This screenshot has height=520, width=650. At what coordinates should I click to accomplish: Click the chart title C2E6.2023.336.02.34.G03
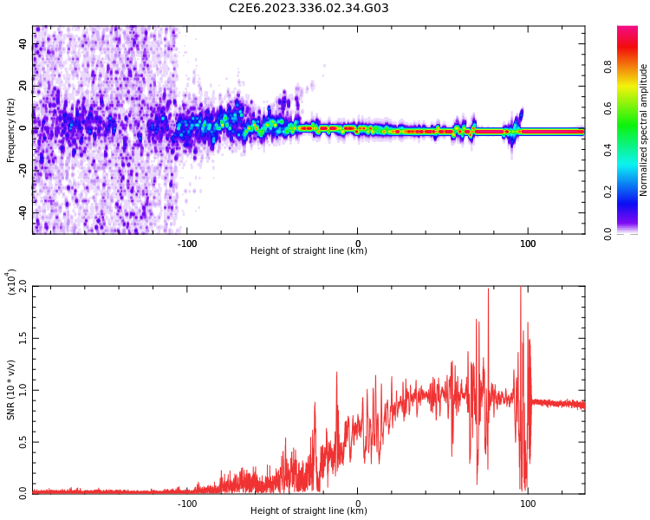click(309, 9)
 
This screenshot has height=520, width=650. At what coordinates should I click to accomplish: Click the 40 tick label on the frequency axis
click(23, 45)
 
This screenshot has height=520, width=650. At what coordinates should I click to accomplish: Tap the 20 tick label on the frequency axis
click(23, 87)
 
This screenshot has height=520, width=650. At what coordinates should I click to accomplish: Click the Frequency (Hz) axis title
click(10, 130)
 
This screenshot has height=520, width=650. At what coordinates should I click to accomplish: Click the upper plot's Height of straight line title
click(309, 251)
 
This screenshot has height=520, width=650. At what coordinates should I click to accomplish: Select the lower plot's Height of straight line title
click(309, 510)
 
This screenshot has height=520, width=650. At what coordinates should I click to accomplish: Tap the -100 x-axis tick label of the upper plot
click(187, 244)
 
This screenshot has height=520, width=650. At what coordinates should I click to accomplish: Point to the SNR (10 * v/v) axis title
click(10, 390)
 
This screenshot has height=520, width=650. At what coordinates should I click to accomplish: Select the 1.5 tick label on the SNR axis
click(23, 339)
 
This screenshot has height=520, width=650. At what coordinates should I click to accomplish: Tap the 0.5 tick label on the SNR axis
click(23, 441)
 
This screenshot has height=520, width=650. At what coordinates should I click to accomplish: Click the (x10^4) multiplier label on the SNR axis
click(11, 283)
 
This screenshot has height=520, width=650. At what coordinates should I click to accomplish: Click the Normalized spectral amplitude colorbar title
click(644, 130)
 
